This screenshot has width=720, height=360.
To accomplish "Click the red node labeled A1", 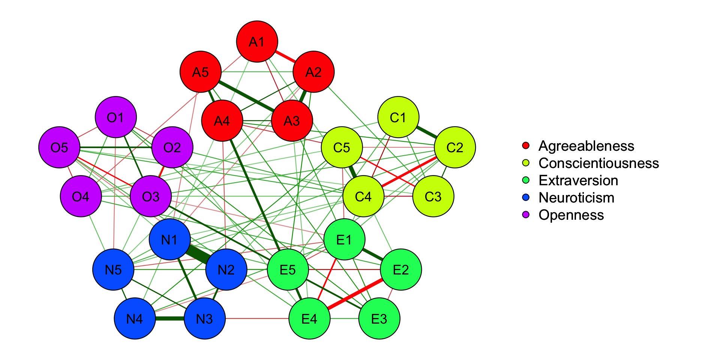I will click(x=257, y=41).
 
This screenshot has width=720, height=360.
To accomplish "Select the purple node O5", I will click(x=59, y=147).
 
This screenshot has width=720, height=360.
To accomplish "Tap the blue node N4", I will click(x=135, y=318).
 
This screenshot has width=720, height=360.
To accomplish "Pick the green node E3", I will click(x=379, y=318).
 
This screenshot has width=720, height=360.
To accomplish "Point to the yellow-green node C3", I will click(x=433, y=196).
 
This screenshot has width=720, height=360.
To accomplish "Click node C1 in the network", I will click(x=398, y=117).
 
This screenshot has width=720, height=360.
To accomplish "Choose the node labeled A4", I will click(x=222, y=121).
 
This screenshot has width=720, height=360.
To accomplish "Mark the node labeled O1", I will click(x=115, y=117).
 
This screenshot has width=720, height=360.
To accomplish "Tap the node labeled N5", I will click(x=113, y=269).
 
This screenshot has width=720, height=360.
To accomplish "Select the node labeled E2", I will click(x=400, y=269).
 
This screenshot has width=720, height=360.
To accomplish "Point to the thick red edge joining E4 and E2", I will click(x=355, y=294).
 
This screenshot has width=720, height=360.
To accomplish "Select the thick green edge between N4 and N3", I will click(x=169, y=318).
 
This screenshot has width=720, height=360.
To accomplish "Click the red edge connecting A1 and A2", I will click(x=285, y=57).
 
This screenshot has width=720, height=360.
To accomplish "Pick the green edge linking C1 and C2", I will click(x=426, y=132).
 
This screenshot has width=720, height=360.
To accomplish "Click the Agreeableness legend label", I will click(x=586, y=146).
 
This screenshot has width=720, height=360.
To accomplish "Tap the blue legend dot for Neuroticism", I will click(x=526, y=197).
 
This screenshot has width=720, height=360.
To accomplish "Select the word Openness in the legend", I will click(x=571, y=215).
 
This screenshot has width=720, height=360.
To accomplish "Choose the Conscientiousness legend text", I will click(x=598, y=163).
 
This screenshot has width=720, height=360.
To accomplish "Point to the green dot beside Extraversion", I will click(x=526, y=180).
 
